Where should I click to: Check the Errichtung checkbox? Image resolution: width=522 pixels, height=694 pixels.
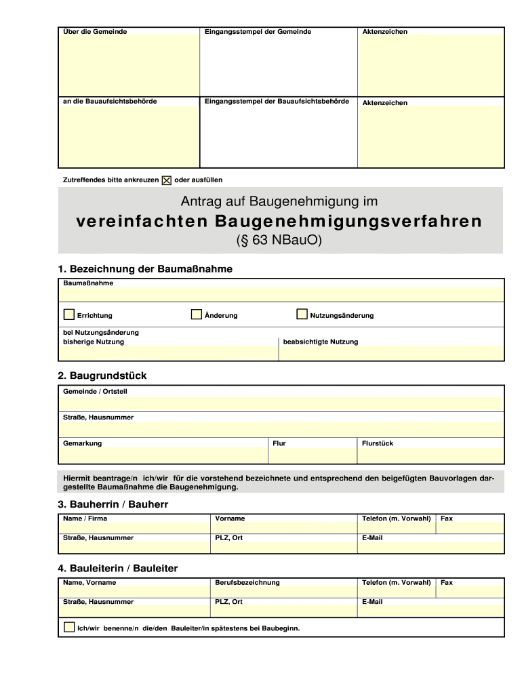tap(69, 314)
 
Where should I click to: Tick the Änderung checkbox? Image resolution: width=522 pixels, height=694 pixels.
tap(197, 314)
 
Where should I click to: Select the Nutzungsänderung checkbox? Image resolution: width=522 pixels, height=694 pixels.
tap(302, 314)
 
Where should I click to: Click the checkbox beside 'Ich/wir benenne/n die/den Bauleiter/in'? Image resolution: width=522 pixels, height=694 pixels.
tap(69, 627)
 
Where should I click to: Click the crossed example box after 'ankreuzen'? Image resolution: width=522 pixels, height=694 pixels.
tap(167, 180)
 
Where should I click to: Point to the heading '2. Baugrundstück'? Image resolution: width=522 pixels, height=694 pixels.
tap(102, 375)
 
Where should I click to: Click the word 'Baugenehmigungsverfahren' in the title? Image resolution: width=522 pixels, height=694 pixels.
tap(348, 222)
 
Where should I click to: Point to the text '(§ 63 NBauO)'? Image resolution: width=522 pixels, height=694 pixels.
tap(279, 241)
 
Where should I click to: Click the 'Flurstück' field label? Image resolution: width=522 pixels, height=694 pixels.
tap(378, 443)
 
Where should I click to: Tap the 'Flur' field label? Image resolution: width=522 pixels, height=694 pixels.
tap(279, 443)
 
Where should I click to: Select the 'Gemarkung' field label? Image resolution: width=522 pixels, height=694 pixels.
tap(82, 443)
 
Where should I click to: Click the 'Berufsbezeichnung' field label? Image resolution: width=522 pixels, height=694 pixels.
tap(247, 582)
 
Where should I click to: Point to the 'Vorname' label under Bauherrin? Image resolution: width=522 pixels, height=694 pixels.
tap(230, 518)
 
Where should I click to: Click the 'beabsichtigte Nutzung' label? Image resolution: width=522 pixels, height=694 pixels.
tap(321, 342)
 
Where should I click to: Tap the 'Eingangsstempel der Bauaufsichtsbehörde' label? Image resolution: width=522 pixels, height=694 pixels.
tap(277, 101)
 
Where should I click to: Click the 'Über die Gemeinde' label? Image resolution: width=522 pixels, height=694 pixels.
tap(95, 32)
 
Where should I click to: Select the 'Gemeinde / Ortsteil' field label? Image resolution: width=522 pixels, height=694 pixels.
tap(95, 391)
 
